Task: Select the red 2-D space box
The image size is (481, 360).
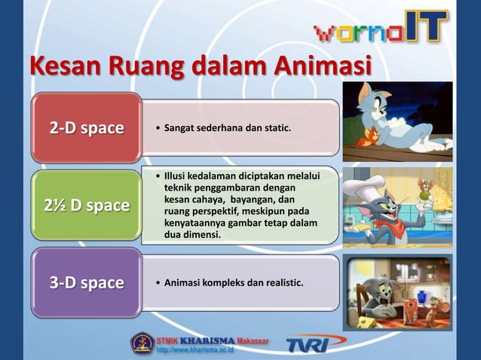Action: (x=87, y=128)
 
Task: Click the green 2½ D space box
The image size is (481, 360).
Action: (x=87, y=205)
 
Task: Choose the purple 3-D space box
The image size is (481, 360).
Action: (x=87, y=283)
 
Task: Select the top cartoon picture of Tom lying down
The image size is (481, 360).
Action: (x=397, y=121)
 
